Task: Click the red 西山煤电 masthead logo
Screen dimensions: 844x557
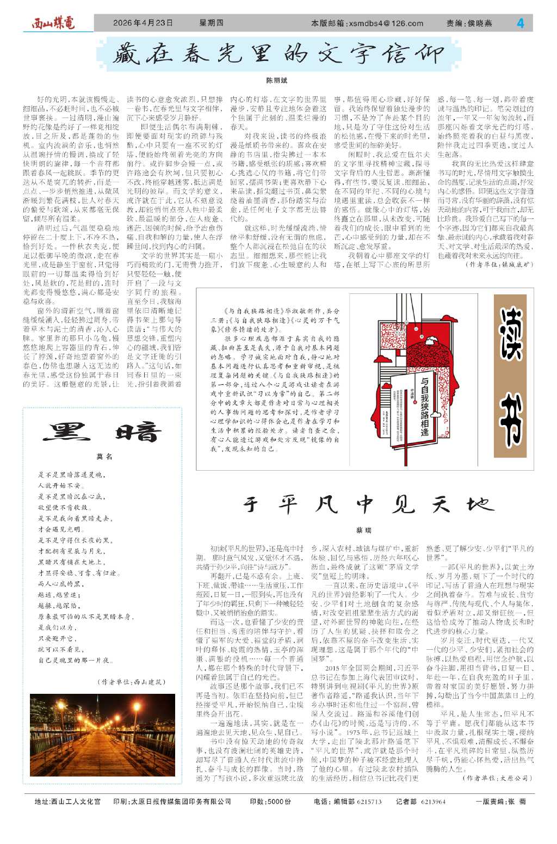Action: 53,23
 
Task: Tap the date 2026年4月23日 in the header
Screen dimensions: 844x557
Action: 143,23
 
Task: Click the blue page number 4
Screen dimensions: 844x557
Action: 521,23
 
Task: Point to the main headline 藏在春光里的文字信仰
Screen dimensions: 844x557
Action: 278,54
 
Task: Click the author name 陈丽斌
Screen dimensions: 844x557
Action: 276,81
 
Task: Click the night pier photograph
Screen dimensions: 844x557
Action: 102,735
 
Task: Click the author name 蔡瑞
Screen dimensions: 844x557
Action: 363,529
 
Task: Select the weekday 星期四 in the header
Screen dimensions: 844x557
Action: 211,23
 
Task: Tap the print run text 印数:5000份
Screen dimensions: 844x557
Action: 270,802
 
